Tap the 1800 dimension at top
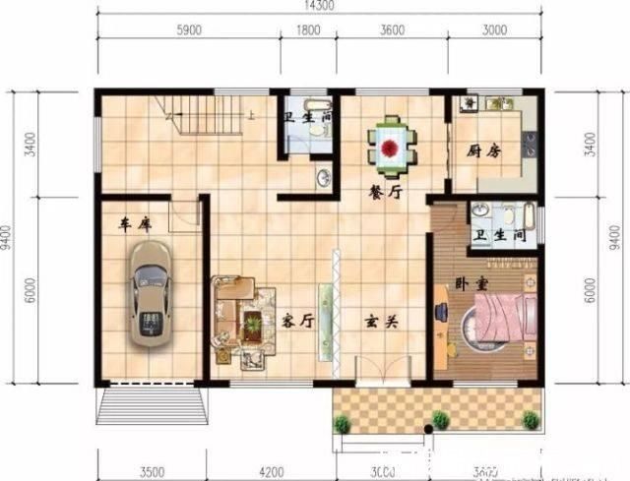click(x=308, y=30)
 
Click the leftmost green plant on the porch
click(x=343, y=424)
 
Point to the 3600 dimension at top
click(x=392, y=30)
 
